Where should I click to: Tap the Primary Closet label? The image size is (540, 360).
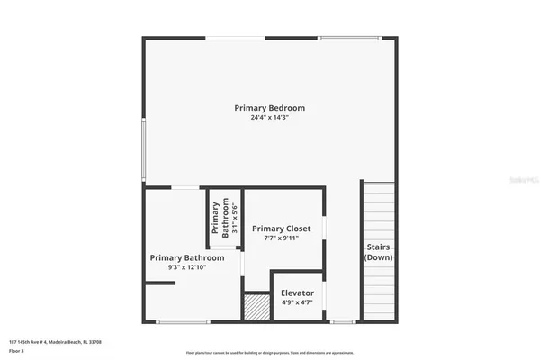pyautogui.click(x=281, y=229)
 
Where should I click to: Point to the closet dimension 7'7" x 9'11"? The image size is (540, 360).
pyautogui.click(x=281, y=238)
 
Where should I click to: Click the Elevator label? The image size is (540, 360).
pyautogui.click(x=297, y=293)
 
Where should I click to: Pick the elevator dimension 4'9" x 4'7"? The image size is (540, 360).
pyautogui.click(x=297, y=303)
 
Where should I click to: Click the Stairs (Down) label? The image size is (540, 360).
pyautogui.click(x=378, y=252)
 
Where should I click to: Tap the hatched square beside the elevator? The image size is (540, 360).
pyautogui.click(x=257, y=307)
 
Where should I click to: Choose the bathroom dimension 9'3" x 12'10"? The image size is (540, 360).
pyautogui.click(x=187, y=267)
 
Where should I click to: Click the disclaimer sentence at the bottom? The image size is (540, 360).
pyautogui.click(x=270, y=352)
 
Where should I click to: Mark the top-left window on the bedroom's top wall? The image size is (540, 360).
pyautogui.click(x=237, y=37)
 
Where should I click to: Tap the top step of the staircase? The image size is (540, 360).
pyautogui.click(x=378, y=185)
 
